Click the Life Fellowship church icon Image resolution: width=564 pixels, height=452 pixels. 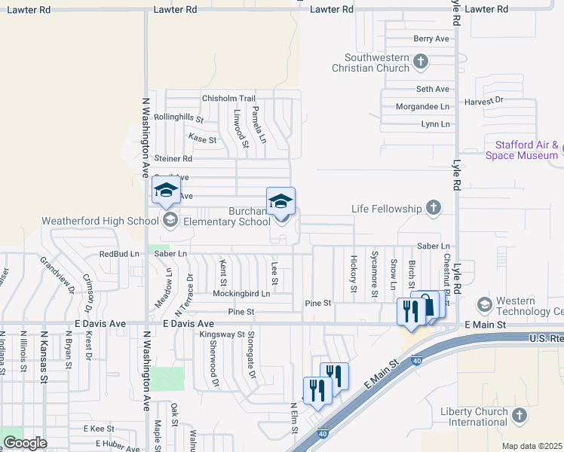pyautogui.click(x=434, y=207)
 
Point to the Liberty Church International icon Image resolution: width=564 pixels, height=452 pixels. pyautogui.click(x=519, y=415)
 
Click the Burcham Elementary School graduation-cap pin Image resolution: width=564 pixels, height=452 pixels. pyautogui.click(x=280, y=202)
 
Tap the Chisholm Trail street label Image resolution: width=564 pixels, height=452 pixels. pyautogui.click(x=228, y=99)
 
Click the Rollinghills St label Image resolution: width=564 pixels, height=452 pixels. pyautogui.click(x=179, y=118)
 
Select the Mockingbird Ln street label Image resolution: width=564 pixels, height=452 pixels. pyautogui.click(x=241, y=293)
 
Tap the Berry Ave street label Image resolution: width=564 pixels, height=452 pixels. pyautogui.click(x=431, y=38)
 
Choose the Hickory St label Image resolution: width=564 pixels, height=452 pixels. pyautogui.click(x=354, y=273)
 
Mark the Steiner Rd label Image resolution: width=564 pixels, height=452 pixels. pyautogui.click(x=173, y=159)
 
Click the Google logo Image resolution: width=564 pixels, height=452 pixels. pyautogui.click(x=25, y=442)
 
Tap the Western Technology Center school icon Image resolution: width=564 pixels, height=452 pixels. pyautogui.click(x=484, y=304)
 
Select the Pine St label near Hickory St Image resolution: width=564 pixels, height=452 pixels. pyautogui.click(x=318, y=303)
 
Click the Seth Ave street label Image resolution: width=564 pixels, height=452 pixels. pyautogui.click(x=433, y=89)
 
